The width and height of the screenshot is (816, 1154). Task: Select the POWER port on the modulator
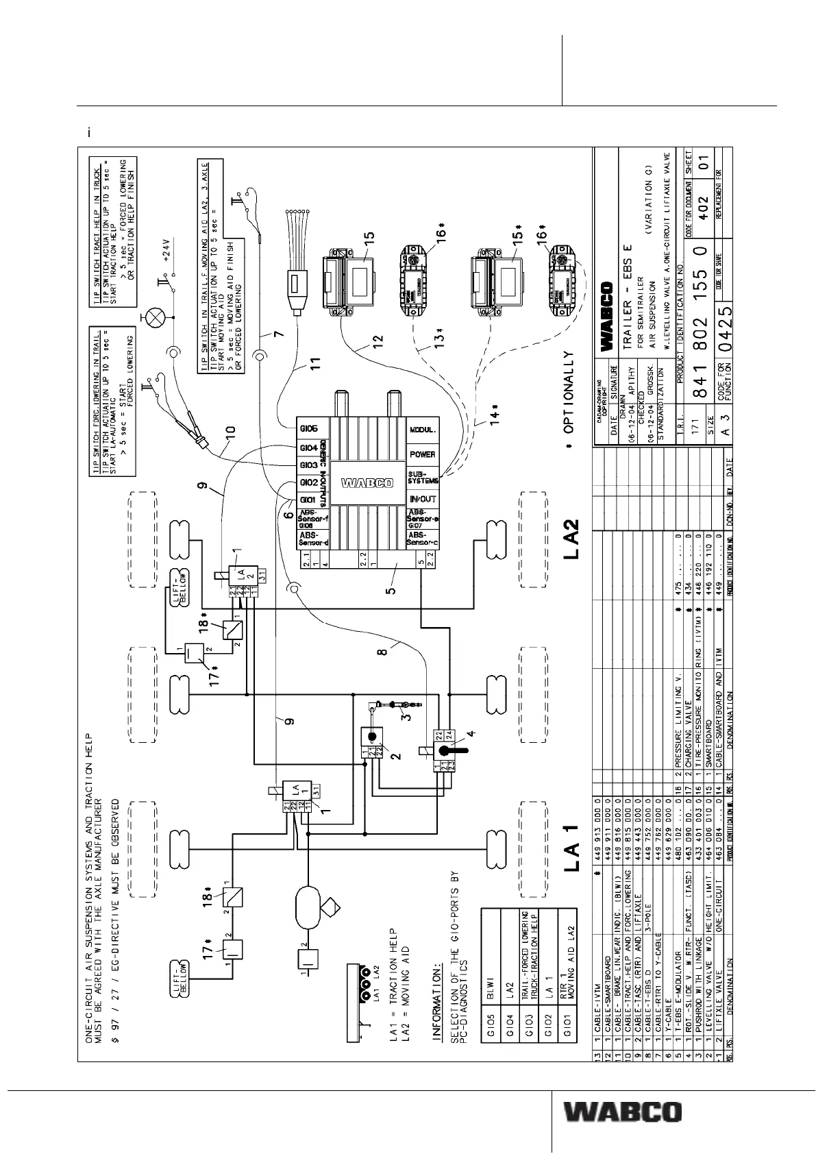(x=422, y=454)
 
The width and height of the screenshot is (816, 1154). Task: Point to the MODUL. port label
(x=422, y=430)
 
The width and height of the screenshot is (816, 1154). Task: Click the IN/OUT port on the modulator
(x=422, y=500)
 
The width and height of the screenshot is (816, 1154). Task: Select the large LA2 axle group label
(x=572, y=539)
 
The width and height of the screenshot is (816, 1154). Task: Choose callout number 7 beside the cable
(x=277, y=334)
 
